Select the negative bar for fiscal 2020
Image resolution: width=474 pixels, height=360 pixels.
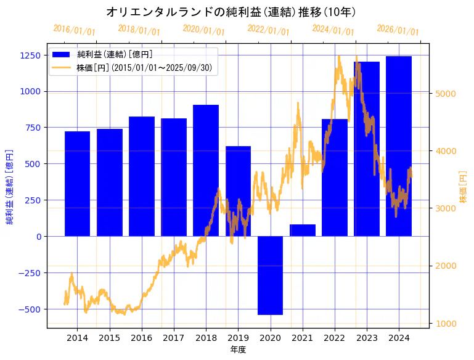[270, 275]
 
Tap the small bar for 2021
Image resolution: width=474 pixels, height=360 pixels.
[302, 230]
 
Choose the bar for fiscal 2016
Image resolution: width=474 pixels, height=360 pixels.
[142, 176]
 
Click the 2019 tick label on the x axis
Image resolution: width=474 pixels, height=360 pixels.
[238, 338]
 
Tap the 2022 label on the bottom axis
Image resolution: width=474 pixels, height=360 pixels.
[334, 338]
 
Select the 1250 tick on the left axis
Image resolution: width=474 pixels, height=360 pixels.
[30, 55]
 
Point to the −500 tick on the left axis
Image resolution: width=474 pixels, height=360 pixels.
[28, 309]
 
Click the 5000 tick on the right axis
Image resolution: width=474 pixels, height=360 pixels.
[445, 94]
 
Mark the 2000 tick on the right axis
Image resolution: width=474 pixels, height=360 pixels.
[445, 266]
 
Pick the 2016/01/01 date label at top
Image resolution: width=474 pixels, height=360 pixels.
[74, 30]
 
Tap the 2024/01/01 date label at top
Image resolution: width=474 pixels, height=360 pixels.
[333, 30]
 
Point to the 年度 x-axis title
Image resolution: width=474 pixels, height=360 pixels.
[238, 350]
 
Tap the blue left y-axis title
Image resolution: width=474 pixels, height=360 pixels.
[10, 186]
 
